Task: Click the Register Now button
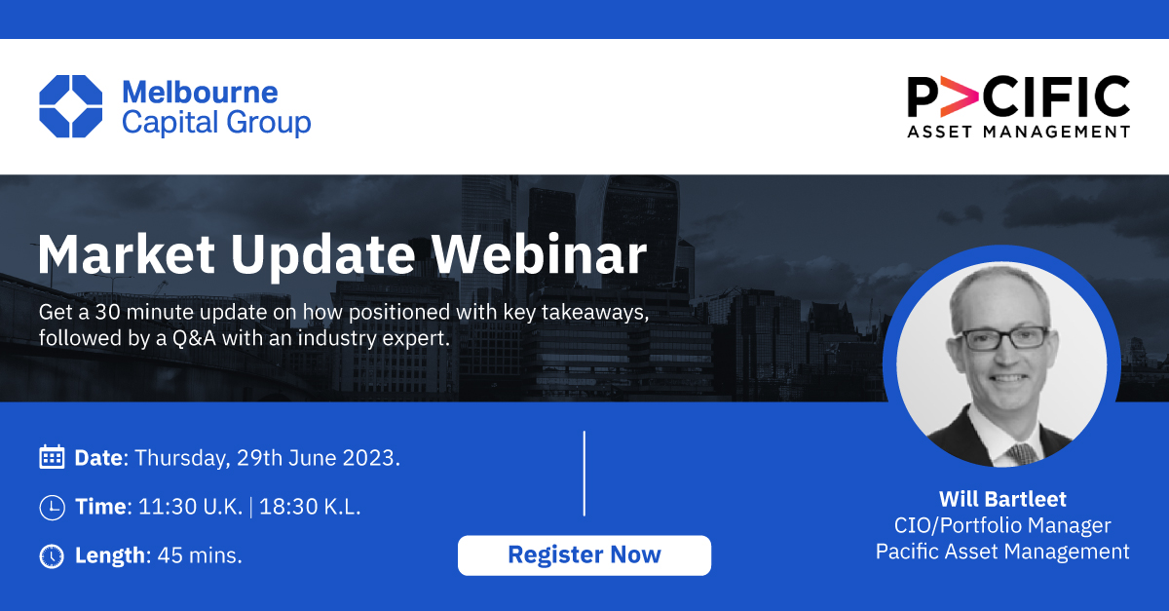click(x=584, y=555)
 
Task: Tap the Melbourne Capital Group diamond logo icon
click(x=70, y=106)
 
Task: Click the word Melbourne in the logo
click(x=200, y=93)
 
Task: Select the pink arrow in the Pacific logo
click(x=961, y=98)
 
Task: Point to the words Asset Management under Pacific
click(x=1018, y=132)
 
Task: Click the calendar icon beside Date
click(x=52, y=457)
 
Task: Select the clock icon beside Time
click(x=52, y=507)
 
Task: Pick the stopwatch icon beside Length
click(x=52, y=555)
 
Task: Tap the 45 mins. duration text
click(x=200, y=555)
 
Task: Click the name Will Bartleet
click(x=1002, y=500)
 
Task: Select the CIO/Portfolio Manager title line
click(x=1002, y=526)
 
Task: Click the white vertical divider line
click(x=584, y=473)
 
